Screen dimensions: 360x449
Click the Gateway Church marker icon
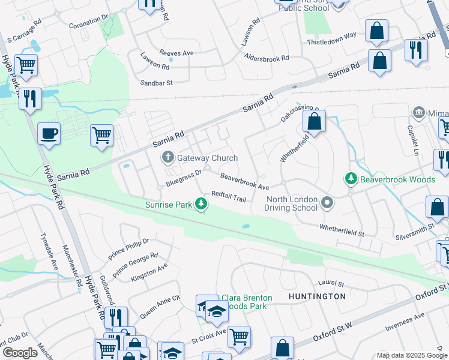(x=168, y=158)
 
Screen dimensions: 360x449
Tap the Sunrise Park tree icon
(x=202, y=205)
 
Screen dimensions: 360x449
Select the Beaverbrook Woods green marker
(x=350, y=179)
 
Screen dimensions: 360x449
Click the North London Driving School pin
(x=327, y=203)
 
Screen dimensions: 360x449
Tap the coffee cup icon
(x=49, y=134)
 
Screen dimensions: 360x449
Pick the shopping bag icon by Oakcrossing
(x=314, y=122)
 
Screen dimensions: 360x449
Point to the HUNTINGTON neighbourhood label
(x=317, y=296)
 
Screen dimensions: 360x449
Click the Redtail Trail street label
(x=229, y=197)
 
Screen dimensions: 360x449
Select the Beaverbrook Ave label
(x=244, y=182)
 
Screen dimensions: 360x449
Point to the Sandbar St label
(x=156, y=82)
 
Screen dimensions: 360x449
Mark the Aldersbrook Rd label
(x=267, y=58)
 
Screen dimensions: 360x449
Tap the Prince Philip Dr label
(x=128, y=247)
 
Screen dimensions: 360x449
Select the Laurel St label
(x=331, y=283)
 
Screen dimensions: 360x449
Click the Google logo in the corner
(x=20, y=353)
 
